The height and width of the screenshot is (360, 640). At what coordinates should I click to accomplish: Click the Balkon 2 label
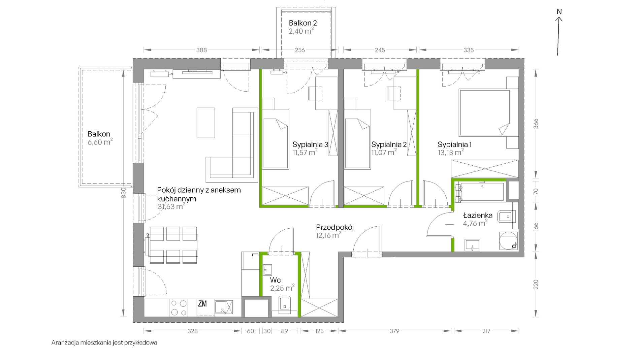click(303, 23)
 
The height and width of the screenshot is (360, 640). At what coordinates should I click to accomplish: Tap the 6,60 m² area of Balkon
click(100, 142)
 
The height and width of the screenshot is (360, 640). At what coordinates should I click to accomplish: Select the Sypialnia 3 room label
click(310, 144)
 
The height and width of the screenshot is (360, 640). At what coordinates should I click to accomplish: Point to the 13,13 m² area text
click(451, 152)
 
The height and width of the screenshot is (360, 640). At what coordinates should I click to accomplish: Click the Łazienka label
click(478, 215)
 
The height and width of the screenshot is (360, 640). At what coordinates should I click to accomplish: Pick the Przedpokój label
click(335, 227)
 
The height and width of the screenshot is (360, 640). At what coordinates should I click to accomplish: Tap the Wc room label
click(275, 280)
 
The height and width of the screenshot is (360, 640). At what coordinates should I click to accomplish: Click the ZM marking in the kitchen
click(202, 304)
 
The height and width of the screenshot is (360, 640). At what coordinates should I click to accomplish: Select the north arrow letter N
click(559, 12)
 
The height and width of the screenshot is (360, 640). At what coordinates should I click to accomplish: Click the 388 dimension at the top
click(201, 50)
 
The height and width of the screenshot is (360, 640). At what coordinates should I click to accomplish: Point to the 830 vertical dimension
click(123, 193)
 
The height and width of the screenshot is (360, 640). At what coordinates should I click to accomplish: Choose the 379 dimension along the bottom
click(394, 331)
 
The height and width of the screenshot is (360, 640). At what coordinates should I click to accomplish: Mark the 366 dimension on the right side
click(536, 124)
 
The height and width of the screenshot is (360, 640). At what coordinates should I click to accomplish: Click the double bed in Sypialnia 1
click(484, 112)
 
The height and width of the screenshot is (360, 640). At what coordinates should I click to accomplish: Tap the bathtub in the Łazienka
click(480, 192)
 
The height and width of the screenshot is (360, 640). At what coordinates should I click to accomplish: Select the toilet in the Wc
click(285, 305)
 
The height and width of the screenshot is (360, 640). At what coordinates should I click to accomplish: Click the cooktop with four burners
click(179, 307)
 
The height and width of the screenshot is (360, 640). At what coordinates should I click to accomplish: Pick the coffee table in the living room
click(206, 123)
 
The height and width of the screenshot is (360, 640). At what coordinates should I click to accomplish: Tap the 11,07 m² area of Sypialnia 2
click(384, 152)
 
